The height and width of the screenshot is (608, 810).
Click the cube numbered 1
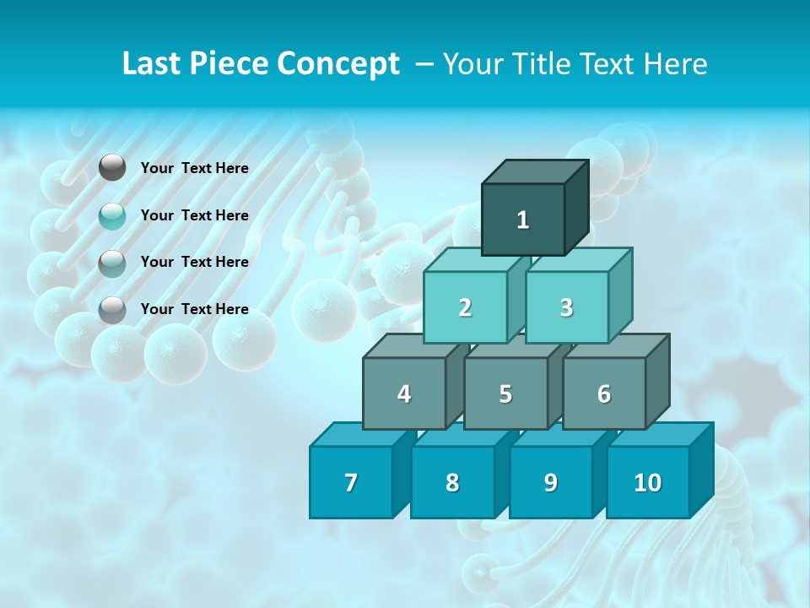523,220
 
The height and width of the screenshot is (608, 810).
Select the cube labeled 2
465,307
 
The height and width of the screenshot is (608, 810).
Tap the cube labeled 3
566,307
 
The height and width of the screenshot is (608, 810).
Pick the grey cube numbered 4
404,394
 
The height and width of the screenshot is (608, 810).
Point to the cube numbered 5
505,394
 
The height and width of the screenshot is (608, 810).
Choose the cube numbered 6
603,394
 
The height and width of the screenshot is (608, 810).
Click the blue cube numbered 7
351,482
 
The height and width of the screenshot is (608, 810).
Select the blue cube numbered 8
452,482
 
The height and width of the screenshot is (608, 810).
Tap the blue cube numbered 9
550,482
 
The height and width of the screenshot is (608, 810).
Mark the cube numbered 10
647,482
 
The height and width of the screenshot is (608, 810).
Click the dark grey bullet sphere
112,168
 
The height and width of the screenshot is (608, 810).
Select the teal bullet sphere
112,216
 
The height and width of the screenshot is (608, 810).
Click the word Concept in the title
338,63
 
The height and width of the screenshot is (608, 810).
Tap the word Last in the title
154,63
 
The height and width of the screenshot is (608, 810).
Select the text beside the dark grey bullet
195,168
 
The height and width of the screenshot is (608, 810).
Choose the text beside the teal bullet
195,215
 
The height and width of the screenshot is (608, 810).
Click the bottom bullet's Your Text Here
195,309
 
